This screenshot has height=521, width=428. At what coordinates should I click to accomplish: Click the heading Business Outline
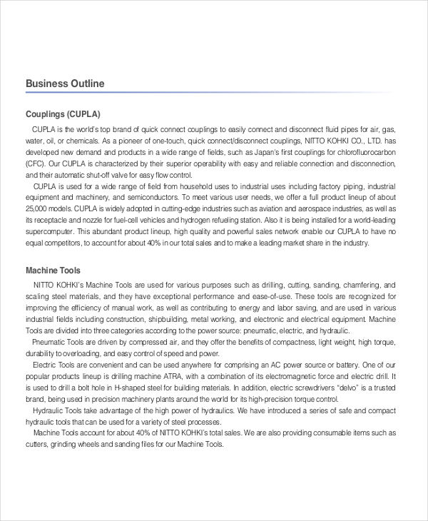coord(65,84)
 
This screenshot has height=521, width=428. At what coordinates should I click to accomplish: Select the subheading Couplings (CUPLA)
coord(63,114)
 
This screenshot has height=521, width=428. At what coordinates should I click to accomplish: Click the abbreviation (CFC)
coord(37,163)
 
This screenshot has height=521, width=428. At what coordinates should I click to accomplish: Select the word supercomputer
coord(49,231)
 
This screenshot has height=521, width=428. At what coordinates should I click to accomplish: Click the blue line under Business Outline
coord(214,93)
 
